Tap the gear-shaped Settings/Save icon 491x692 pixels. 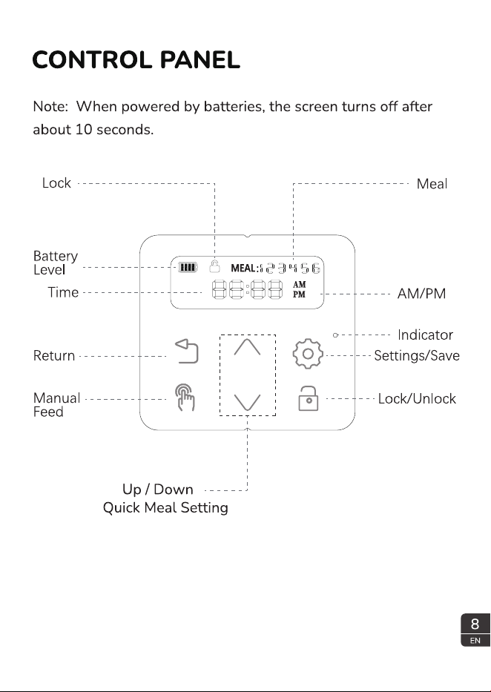point(308,354)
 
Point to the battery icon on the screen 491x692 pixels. point(188,268)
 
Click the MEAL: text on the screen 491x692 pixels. point(245,268)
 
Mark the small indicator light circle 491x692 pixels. point(335,335)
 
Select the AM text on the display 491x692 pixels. point(299,285)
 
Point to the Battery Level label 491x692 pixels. point(56,263)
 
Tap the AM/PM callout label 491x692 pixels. point(422,294)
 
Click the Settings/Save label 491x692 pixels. point(417,356)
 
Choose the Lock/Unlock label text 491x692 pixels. point(417,398)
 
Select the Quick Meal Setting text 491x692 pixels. point(165,507)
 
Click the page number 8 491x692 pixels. point(475,624)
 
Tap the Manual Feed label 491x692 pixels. point(56,405)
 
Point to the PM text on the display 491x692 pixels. point(299,294)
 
